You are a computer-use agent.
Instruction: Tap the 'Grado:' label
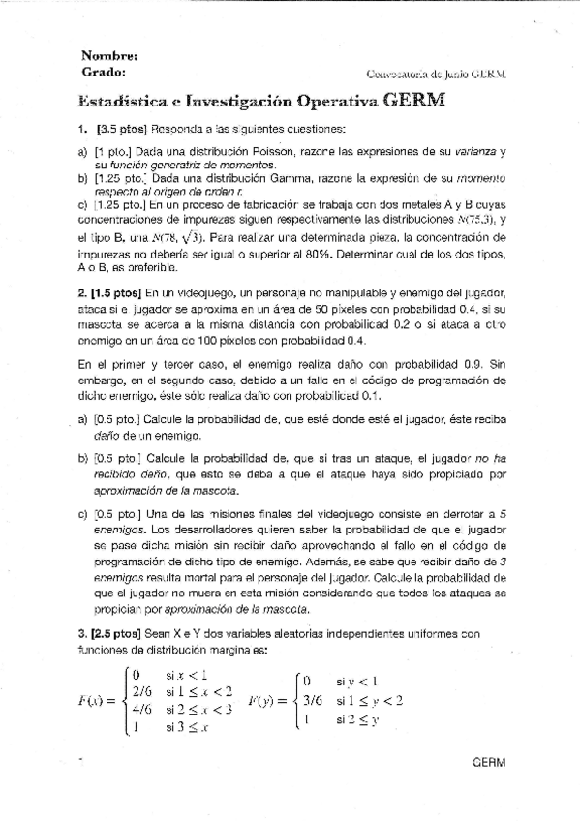[104, 72]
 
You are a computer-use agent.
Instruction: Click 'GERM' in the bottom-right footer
[488, 762]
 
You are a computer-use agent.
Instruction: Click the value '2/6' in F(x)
[142, 691]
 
